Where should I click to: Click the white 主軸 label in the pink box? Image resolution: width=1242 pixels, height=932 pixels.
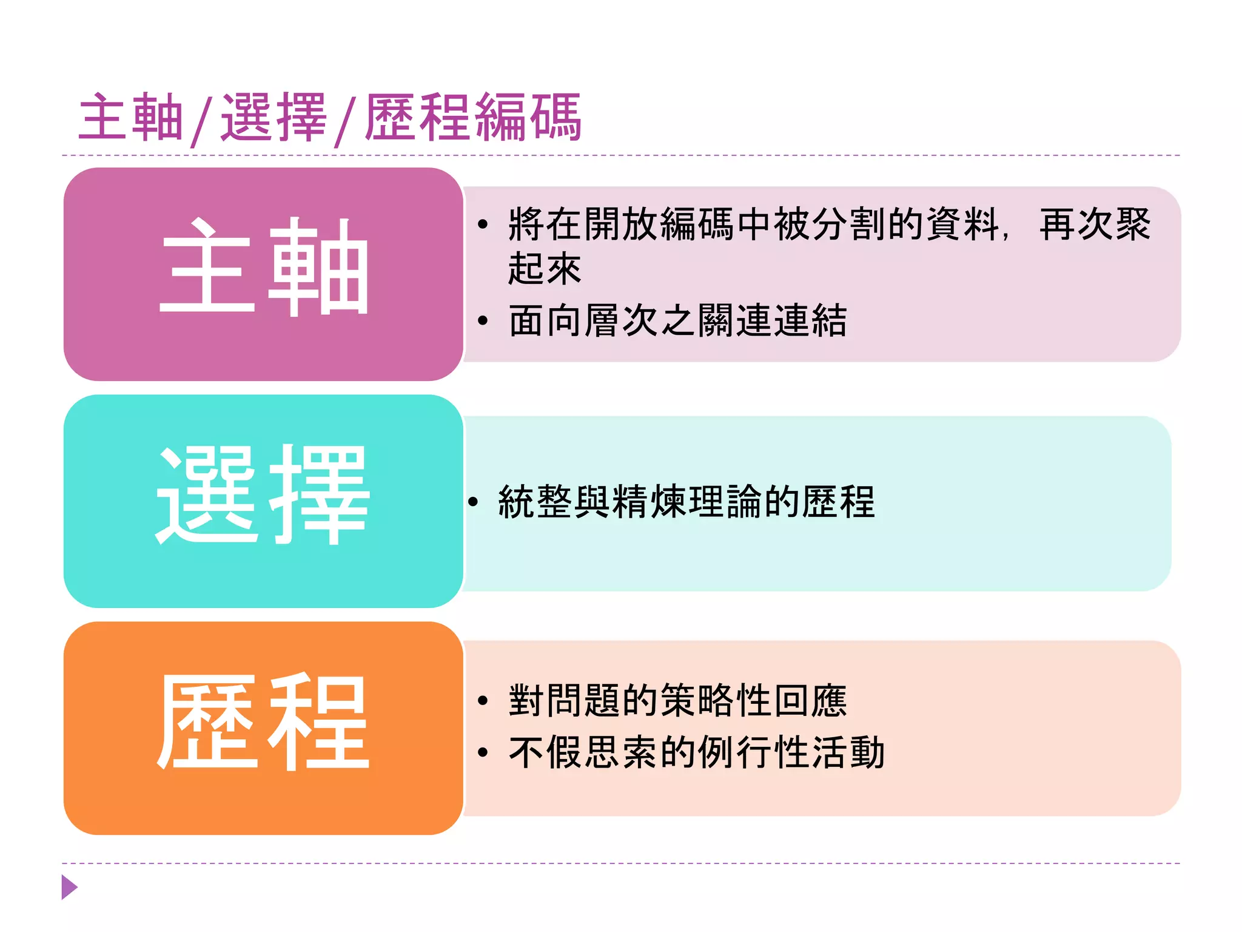[x=264, y=267]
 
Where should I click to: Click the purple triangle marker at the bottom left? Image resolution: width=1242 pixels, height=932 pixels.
[x=69, y=887]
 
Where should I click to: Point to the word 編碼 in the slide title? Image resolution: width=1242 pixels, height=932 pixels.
[x=528, y=118]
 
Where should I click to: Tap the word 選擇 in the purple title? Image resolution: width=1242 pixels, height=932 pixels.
[x=274, y=118]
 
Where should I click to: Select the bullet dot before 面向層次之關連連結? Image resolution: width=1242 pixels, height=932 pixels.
[x=483, y=321]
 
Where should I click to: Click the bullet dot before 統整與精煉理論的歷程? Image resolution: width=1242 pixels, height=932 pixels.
[x=473, y=502]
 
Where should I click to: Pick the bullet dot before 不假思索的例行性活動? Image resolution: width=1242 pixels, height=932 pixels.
[x=483, y=753]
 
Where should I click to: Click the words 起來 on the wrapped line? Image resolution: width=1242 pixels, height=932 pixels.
[x=545, y=269]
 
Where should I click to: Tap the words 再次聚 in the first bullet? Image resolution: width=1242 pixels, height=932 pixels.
[x=1095, y=225]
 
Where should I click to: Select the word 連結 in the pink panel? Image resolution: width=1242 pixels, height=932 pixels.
[x=810, y=321]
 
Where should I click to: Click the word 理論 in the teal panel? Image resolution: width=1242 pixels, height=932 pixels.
[x=725, y=502]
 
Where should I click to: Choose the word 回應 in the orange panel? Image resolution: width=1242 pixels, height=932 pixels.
[x=810, y=701]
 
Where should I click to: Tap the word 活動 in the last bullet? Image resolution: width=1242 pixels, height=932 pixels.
[x=848, y=753]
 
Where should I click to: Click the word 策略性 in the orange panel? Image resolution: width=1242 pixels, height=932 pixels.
[x=716, y=701]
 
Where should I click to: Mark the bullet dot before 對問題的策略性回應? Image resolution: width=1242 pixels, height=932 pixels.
[x=483, y=701]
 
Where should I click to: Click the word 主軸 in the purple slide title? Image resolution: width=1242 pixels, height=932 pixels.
[x=130, y=118]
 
